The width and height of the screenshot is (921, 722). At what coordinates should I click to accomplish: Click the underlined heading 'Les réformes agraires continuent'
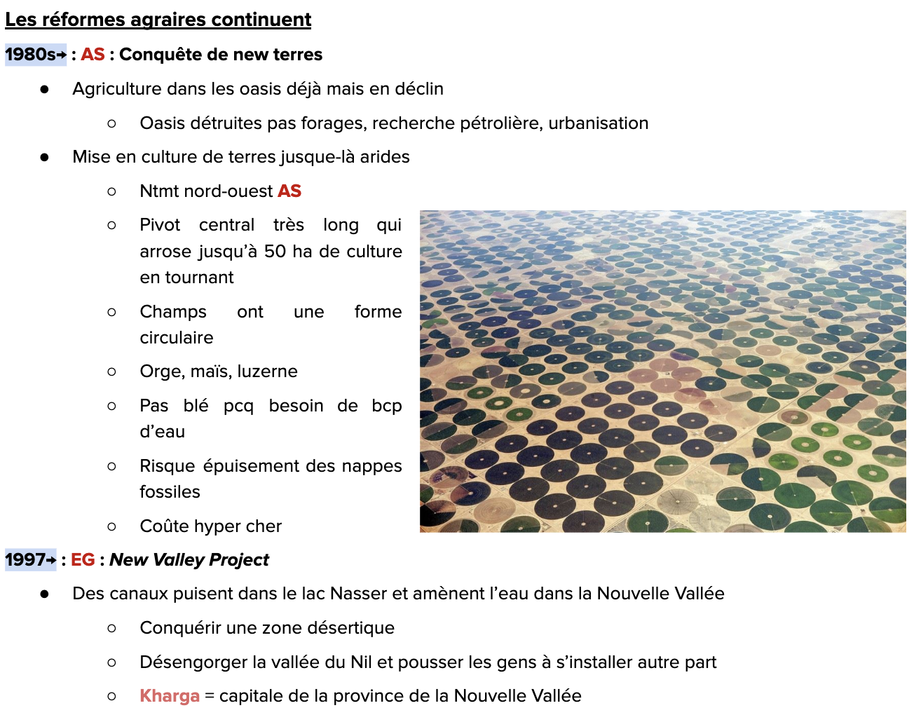[x=158, y=20]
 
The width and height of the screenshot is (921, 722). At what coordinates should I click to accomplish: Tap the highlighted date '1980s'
[x=30, y=55]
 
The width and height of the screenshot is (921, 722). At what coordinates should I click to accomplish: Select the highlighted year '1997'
[x=25, y=560]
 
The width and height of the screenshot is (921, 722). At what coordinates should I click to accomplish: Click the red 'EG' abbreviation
[x=83, y=560]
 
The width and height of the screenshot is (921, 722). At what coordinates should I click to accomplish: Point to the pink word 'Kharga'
[x=170, y=696]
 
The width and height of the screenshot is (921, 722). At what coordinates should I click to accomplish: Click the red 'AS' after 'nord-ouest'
[x=289, y=191]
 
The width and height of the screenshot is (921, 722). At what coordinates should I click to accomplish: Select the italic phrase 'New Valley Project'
[x=189, y=560]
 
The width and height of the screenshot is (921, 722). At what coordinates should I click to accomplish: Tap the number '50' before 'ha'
[x=275, y=252]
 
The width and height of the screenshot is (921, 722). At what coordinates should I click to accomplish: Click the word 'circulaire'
[x=177, y=338]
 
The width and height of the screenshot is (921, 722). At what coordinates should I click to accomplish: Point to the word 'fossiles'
[x=170, y=492]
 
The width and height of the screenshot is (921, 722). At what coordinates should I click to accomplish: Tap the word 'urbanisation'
[x=598, y=123]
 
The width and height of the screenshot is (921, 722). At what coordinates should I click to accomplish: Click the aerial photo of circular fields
[x=662, y=372]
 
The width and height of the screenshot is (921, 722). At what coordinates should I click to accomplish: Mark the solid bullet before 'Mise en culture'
[x=45, y=157]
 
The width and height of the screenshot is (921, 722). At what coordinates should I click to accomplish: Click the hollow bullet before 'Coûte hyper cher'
[x=111, y=526]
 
